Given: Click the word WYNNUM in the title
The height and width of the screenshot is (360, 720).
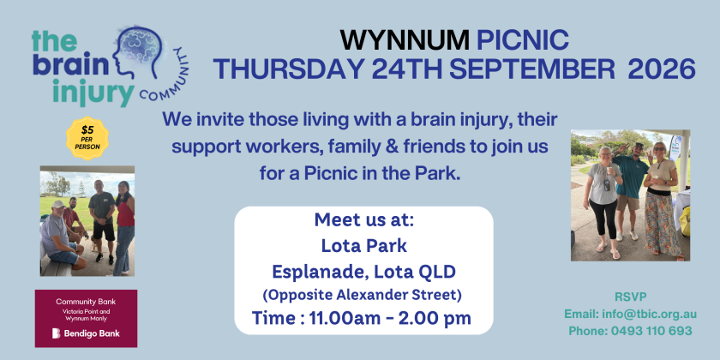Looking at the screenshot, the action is (x=405, y=40).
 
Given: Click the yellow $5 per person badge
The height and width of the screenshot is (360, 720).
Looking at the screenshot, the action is (x=87, y=138).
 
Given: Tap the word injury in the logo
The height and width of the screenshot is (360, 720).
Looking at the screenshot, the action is (x=93, y=93).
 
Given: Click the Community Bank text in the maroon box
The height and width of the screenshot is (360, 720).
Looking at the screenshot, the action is (x=86, y=302).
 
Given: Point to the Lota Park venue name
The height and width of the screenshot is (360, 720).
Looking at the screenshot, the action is (x=363, y=246).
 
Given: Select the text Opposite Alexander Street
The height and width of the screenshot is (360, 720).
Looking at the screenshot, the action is (x=362, y=295).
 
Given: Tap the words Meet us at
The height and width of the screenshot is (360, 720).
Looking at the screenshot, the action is (x=364, y=220).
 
